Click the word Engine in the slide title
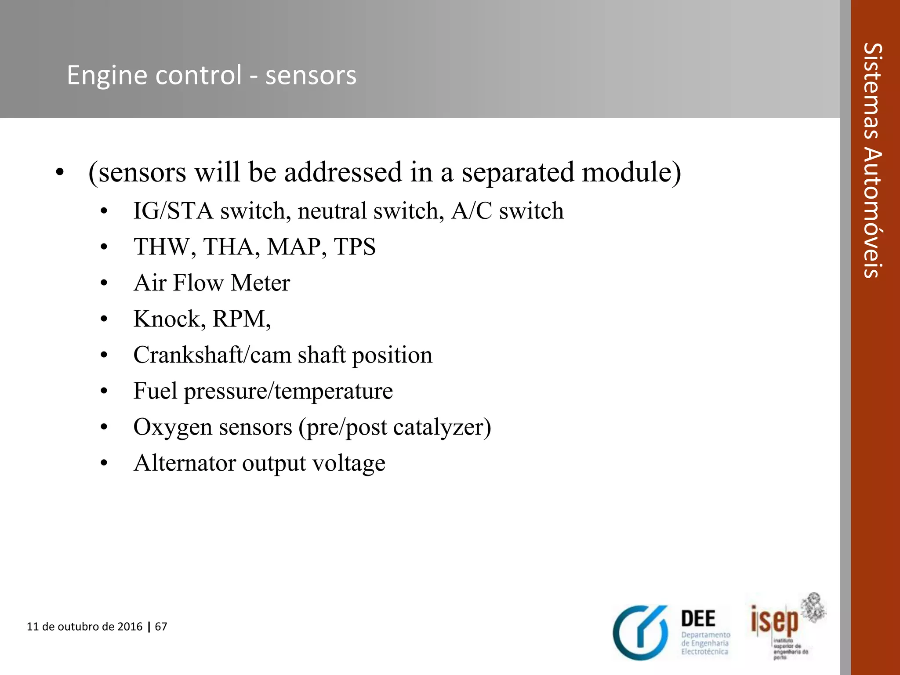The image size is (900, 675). pos(109,76)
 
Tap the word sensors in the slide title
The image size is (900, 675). pos(311,76)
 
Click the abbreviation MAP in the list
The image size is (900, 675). pos(294,247)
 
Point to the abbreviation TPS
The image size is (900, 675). pos(355,247)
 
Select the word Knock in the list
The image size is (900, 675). pos(167,319)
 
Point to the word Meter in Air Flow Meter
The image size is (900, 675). pos(261,283)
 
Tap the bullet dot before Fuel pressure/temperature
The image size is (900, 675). pos(104,391)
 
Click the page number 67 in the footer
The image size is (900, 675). pos(161,626)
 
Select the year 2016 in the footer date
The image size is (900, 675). pos(130,626)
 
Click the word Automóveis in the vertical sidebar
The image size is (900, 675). pos(872,213)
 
